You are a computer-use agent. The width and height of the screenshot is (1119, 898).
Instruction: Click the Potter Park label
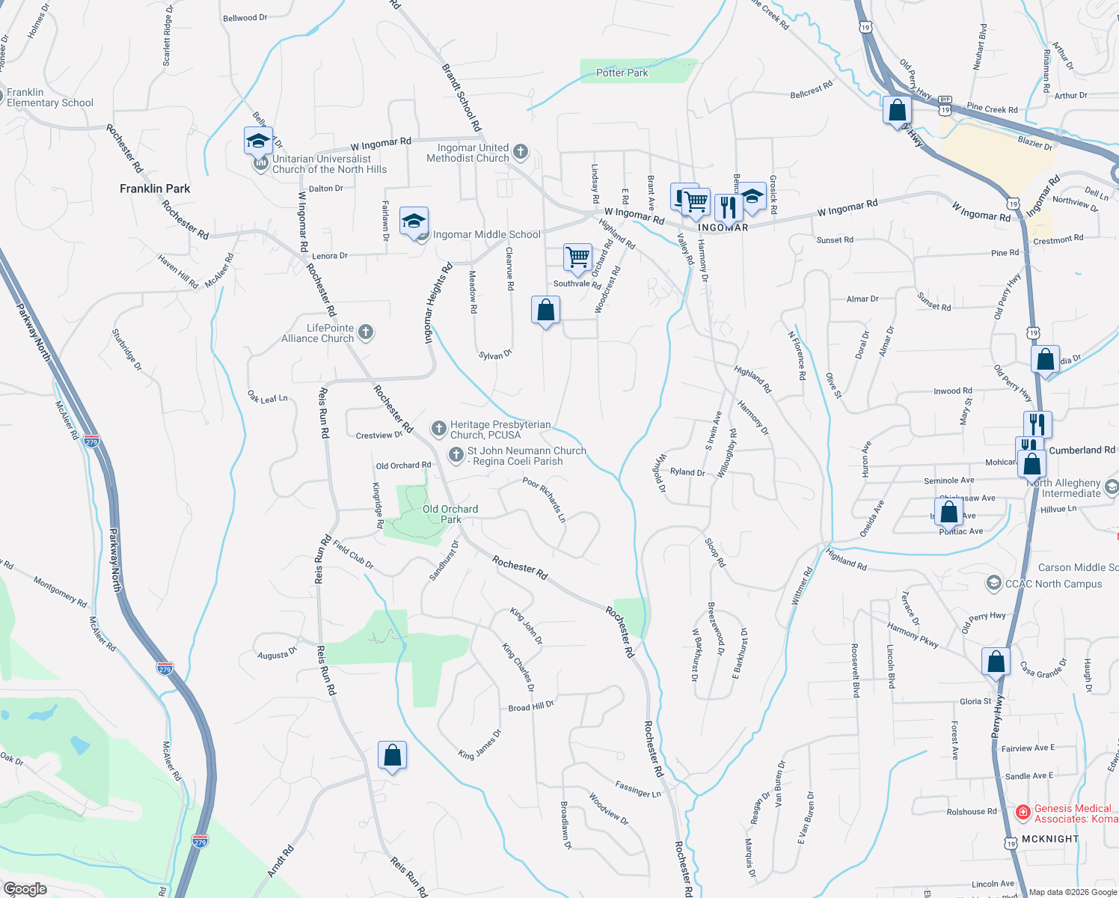point(622,73)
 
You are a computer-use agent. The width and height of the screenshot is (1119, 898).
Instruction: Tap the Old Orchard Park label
point(450,514)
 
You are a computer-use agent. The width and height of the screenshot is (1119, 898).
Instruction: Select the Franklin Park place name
point(155,189)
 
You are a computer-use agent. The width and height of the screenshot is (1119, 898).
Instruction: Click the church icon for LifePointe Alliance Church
point(366,332)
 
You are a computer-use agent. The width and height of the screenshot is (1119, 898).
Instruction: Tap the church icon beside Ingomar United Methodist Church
point(521,153)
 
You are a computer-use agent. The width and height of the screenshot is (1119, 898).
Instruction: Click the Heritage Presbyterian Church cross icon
point(438,429)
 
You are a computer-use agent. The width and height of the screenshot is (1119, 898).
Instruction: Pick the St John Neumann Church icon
point(456,455)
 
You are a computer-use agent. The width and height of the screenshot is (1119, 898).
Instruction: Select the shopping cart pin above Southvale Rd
point(577,258)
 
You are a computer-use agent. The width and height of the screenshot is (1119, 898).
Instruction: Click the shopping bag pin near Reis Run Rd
point(392,756)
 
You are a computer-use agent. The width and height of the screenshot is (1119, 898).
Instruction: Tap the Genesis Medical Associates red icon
point(1023,813)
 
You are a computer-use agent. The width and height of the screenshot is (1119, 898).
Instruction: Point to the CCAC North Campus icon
point(993,583)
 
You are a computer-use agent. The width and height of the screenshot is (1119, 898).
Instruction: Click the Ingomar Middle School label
point(486,234)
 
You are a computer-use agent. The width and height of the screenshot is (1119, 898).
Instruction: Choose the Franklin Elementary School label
point(49,97)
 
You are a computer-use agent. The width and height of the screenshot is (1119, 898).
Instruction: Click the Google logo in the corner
point(25,889)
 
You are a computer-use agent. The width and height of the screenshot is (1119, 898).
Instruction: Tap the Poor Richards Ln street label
point(544,499)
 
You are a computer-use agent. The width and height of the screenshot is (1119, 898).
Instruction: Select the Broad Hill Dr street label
point(531,706)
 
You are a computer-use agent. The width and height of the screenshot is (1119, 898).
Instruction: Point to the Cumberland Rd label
point(1082,450)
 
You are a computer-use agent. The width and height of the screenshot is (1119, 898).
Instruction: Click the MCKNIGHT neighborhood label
point(1049,839)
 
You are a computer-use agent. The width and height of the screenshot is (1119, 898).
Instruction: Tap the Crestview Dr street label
point(379,435)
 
